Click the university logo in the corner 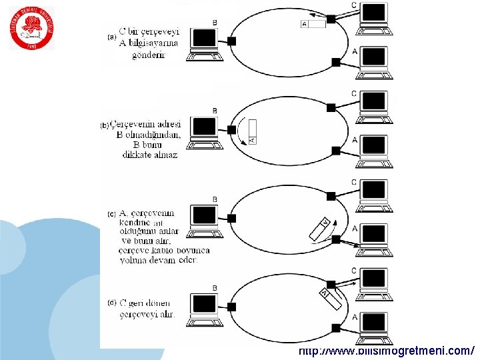tap(32, 29)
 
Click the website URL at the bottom tap(386, 351)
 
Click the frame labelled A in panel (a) tap(313, 24)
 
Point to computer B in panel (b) tap(203, 131)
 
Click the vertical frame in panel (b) tap(251, 131)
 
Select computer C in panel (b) tap(374, 106)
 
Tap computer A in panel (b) tap(374, 150)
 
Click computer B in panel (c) tap(203, 220)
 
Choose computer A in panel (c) tap(374, 239)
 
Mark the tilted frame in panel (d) tap(331, 297)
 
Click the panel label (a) tap(112, 37)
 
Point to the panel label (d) tap(112, 303)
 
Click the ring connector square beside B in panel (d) tap(231, 307)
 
